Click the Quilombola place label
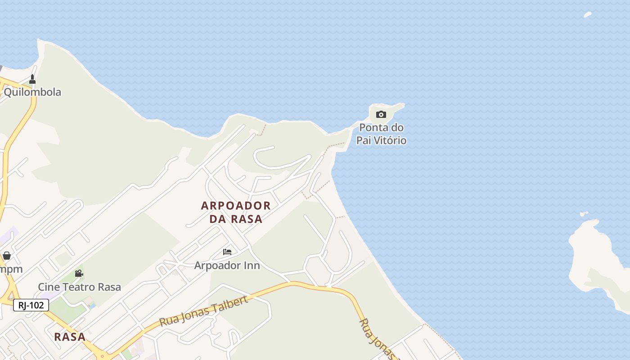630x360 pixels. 32,92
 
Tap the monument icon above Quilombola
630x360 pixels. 32,80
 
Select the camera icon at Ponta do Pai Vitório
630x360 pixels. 381,114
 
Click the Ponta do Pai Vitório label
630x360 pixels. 381,134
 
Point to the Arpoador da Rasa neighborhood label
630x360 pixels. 236,212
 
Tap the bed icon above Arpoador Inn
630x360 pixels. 227,252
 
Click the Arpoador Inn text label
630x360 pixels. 227,265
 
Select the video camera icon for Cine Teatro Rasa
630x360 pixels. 79,273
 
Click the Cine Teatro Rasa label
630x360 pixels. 79,287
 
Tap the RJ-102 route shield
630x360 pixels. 31,305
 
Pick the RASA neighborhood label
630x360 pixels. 70,337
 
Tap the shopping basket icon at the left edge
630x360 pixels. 7,256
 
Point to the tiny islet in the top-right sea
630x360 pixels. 588,14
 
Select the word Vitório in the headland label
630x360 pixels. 392,140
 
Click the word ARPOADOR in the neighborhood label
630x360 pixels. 236,206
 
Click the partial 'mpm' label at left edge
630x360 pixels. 11,270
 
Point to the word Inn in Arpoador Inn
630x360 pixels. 252,265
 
